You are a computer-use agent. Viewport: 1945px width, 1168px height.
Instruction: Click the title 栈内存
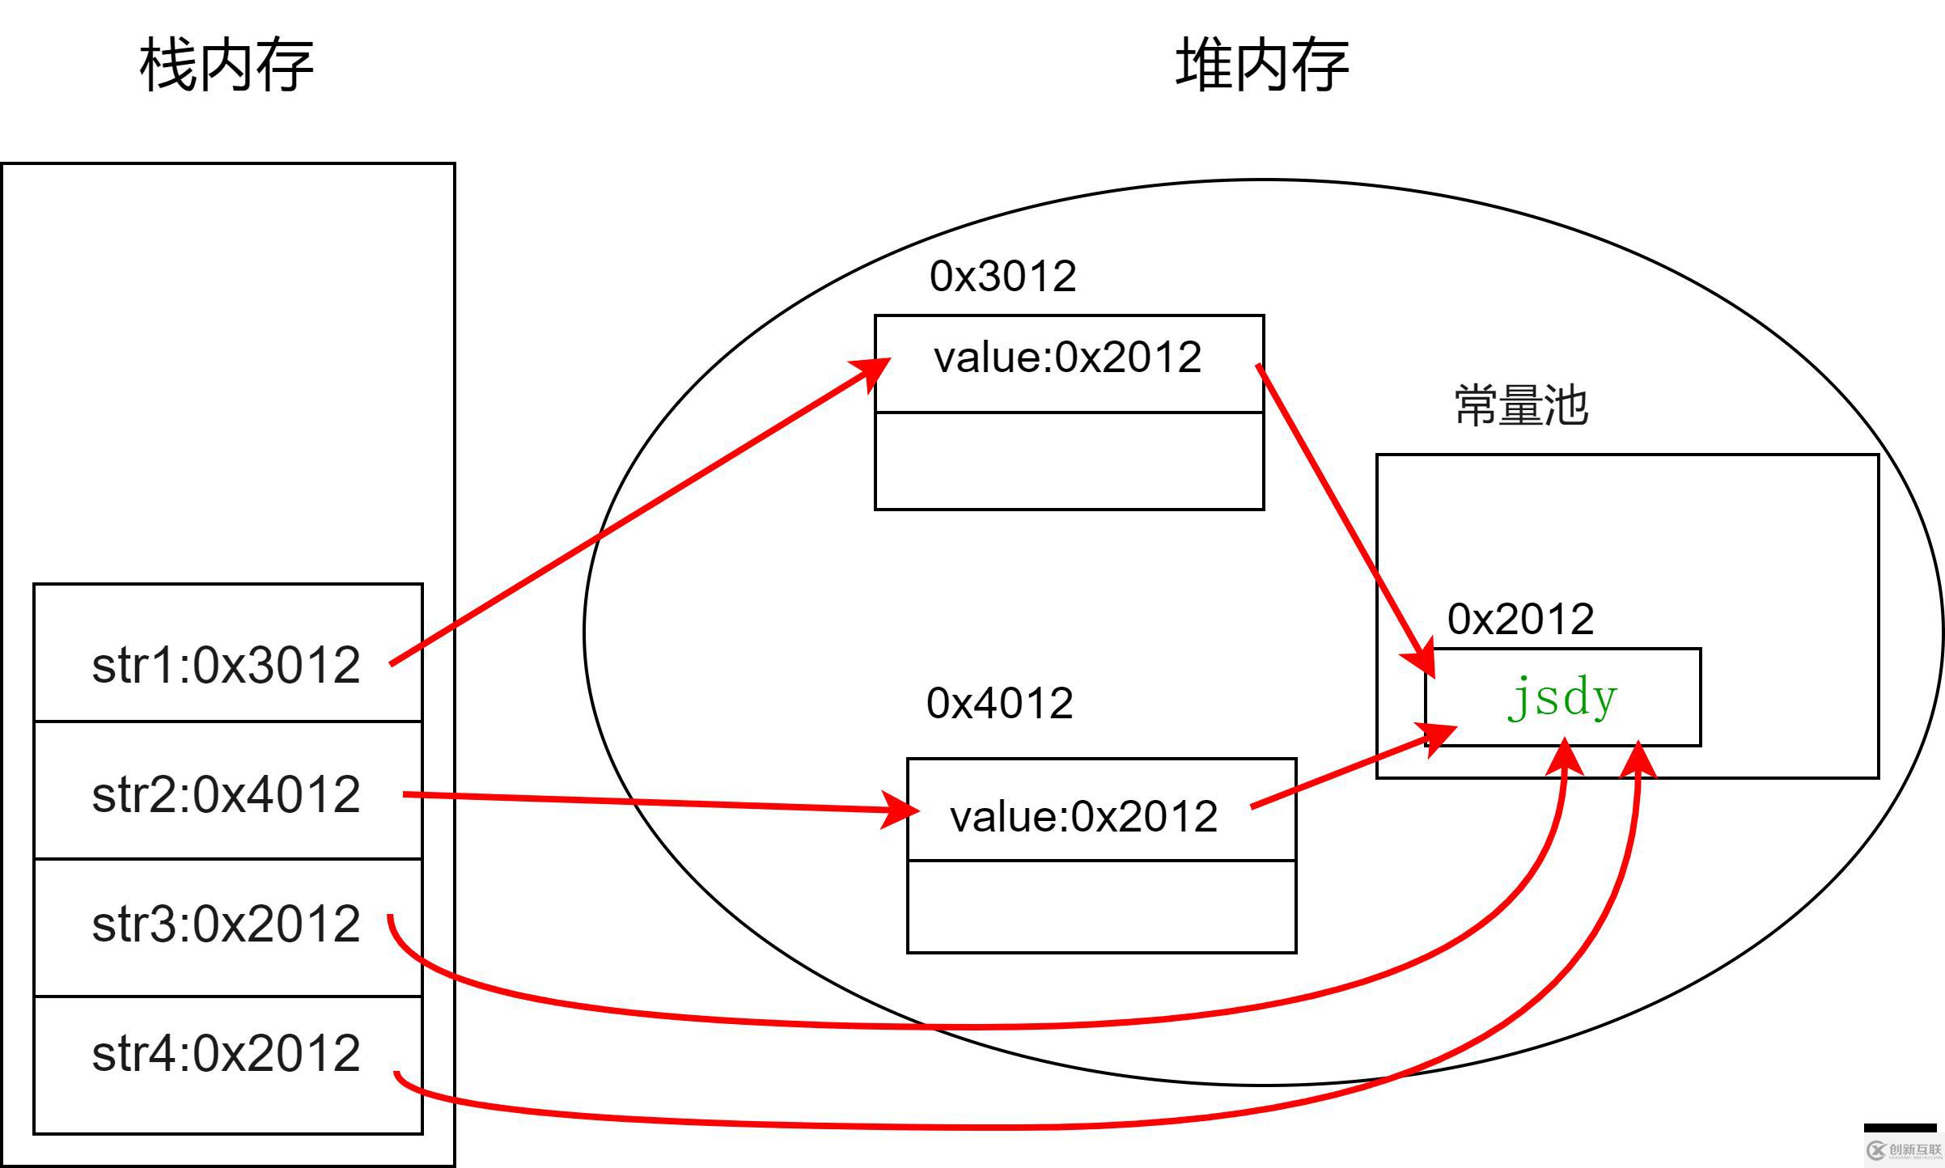(x=227, y=65)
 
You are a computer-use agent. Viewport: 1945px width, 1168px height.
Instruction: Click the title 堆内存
(x=1261, y=65)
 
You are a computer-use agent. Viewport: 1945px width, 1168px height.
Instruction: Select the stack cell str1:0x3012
(x=227, y=665)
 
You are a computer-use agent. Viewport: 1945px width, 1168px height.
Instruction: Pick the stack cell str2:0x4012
(x=227, y=794)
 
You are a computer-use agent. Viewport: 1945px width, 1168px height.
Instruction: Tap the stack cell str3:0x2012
(x=227, y=924)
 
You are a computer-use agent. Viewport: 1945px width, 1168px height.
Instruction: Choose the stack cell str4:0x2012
(x=227, y=1053)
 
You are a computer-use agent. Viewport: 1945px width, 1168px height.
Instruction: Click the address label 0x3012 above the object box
(x=1002, y=277)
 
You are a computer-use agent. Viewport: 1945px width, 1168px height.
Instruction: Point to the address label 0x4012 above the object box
(x=999, y=703)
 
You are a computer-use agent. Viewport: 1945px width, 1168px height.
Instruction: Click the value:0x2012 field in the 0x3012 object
(x=1067, y=358)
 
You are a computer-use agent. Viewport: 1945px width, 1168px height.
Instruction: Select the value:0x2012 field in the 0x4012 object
(x=1083, y=816)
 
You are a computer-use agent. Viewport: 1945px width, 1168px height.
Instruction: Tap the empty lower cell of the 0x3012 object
(x=1069, y=461)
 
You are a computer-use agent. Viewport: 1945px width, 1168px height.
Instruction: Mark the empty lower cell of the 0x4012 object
(x=1101, y=907)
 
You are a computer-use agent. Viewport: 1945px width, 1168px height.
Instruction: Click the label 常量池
(x=1520, y=405)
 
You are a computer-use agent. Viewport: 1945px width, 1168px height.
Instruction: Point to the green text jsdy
(x=1562, y=697)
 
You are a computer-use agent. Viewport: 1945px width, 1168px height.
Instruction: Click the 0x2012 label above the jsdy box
(x=1520, y=619)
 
